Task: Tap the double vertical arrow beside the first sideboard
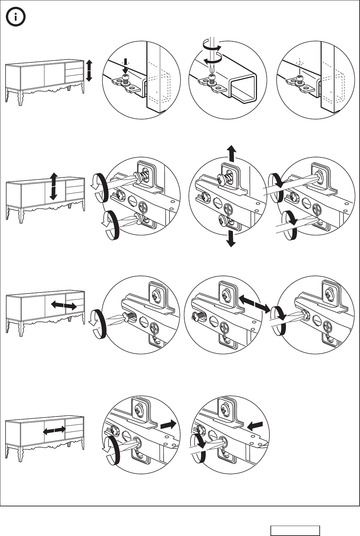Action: click(x=89, y=70)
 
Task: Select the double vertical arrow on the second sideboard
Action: click(x=53, y=186)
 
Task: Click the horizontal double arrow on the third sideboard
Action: click(x=64, y=306)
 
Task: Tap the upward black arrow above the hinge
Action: click(x=232, y=154)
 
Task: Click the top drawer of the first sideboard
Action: click(x=74, y=65)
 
